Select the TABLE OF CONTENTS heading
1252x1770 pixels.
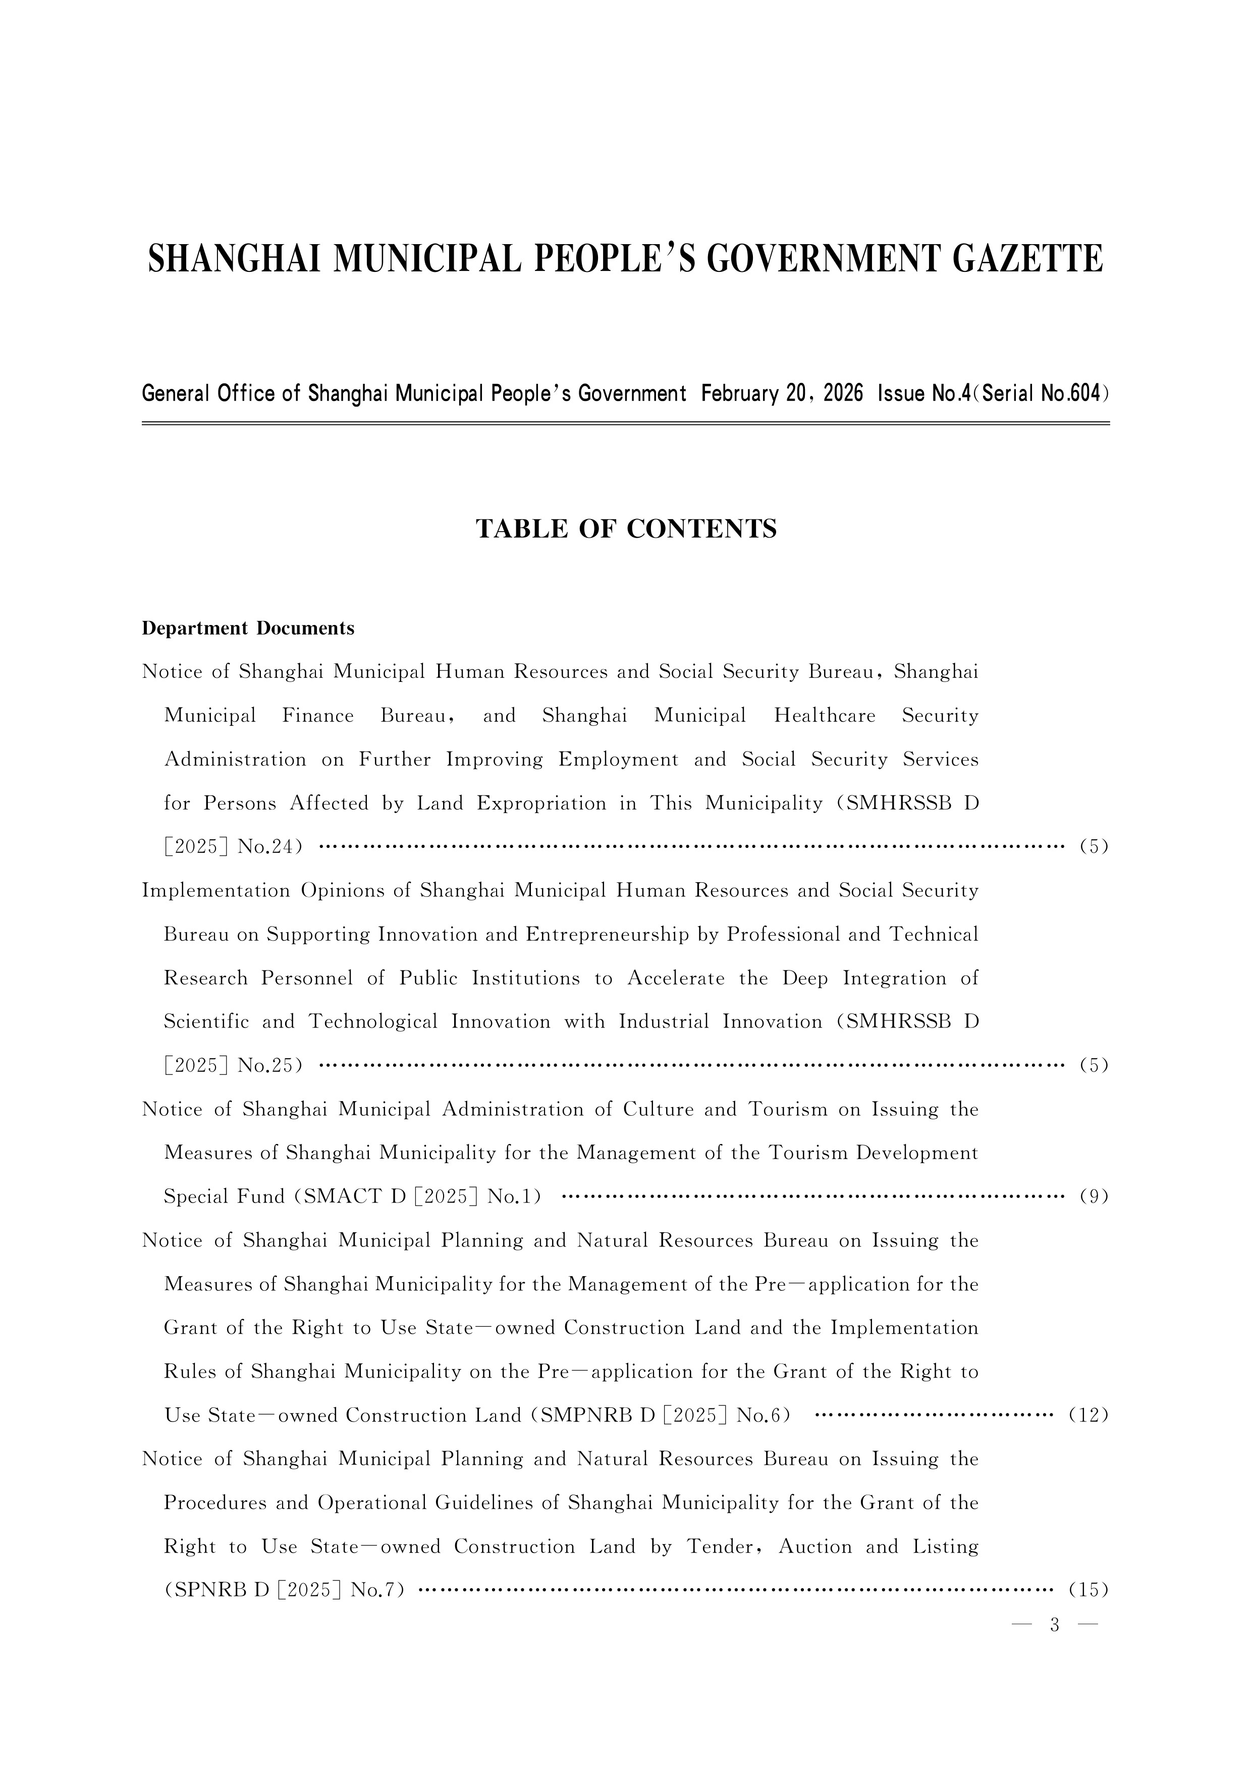pos(626,529)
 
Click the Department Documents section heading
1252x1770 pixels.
pos(248,629)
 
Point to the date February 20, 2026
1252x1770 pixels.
pos(782,394)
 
